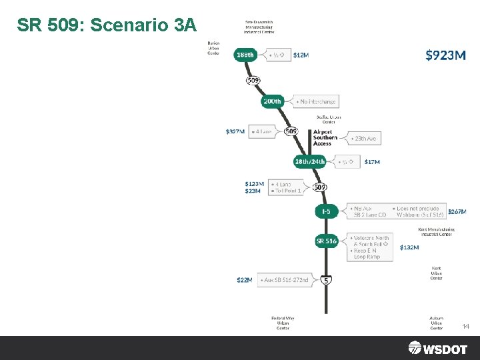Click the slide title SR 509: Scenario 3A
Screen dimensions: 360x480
coord(107,25)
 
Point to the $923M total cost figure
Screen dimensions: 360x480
coord(445,55)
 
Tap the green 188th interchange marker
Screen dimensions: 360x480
coord(245,55)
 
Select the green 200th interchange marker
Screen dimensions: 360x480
coord(272,101)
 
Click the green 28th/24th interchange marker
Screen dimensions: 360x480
coord(310,161)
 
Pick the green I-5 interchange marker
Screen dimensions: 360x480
coord(326,211)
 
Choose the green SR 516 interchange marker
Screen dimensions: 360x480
coord(326,241)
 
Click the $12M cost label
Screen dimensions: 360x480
coord(301,55)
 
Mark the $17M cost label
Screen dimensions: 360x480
coord(372,162)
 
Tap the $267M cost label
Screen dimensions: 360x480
coord(457,211)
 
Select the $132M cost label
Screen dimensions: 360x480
coord(409,247)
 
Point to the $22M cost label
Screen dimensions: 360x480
coord(244,280)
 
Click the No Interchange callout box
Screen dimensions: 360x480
coord(317,101)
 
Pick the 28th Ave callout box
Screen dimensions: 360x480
coord(363,139)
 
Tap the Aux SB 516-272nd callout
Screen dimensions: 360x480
coord(285,280)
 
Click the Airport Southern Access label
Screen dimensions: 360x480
coord(325,138)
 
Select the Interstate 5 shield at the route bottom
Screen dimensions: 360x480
coord(326,281)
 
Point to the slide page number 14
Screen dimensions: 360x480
coord(465,327)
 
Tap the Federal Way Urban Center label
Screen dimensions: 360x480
coord(283,323)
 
